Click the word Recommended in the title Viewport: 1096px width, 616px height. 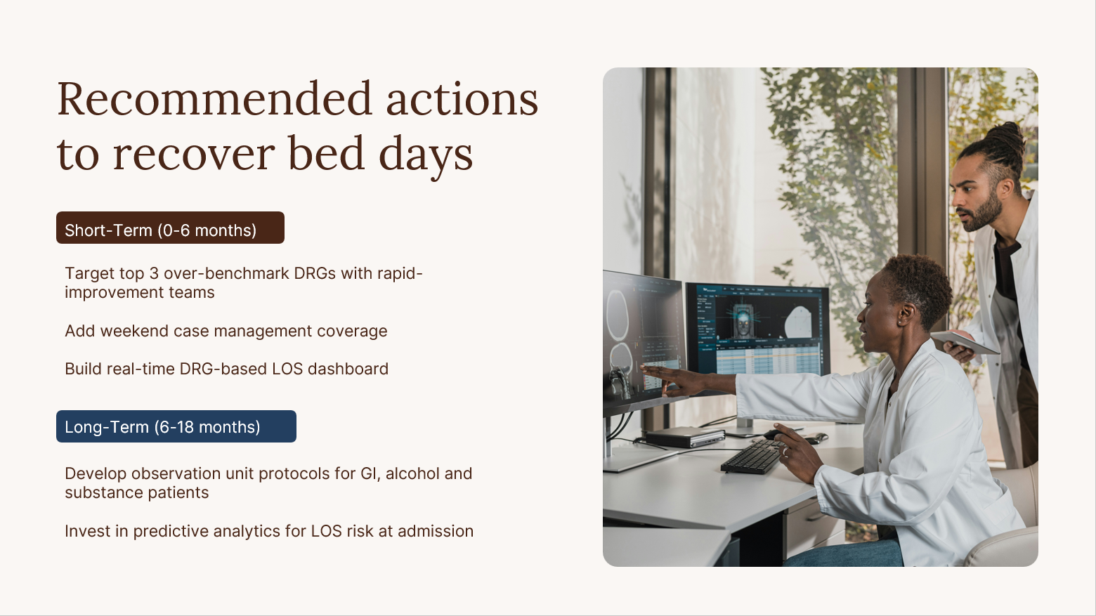214,99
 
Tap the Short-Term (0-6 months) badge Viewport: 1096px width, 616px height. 170,228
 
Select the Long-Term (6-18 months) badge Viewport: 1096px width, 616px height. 176,426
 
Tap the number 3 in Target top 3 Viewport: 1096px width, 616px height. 154,273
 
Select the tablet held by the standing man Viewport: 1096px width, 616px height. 965,341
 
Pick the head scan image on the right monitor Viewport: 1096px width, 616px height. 743,321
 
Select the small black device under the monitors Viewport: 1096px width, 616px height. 685,437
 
